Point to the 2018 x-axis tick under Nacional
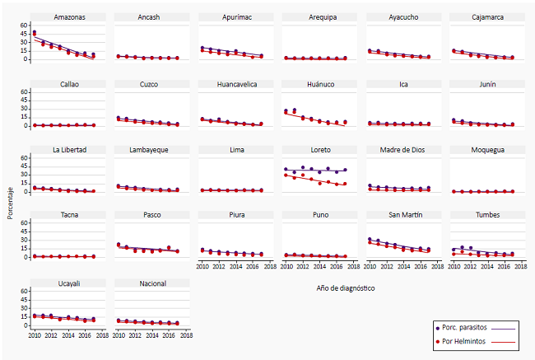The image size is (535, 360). coord(187,336)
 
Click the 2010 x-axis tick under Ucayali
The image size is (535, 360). coord(34,336)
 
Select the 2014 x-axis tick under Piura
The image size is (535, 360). coord(235,268)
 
